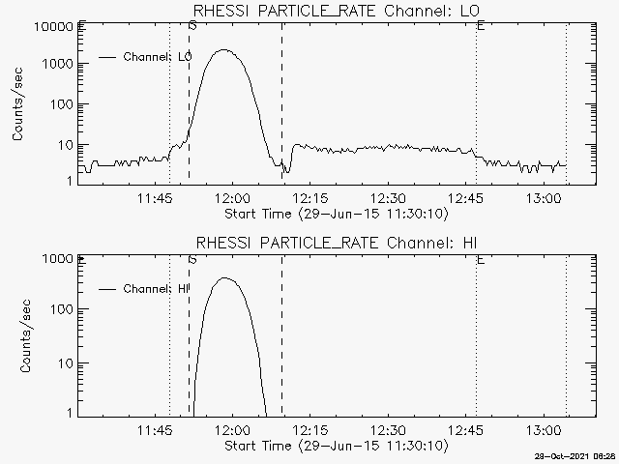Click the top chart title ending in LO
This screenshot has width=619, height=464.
(x=336, y=11)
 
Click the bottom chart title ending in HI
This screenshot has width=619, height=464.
(x=336, y=242)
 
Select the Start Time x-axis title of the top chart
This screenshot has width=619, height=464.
(x=334, y=214)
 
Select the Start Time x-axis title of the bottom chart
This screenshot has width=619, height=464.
(x=334, y=446)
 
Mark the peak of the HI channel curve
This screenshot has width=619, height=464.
(x=225, y=278)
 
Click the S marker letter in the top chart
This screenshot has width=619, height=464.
(x=192, y=26)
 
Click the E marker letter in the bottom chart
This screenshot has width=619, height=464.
(x=481, y=260)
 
